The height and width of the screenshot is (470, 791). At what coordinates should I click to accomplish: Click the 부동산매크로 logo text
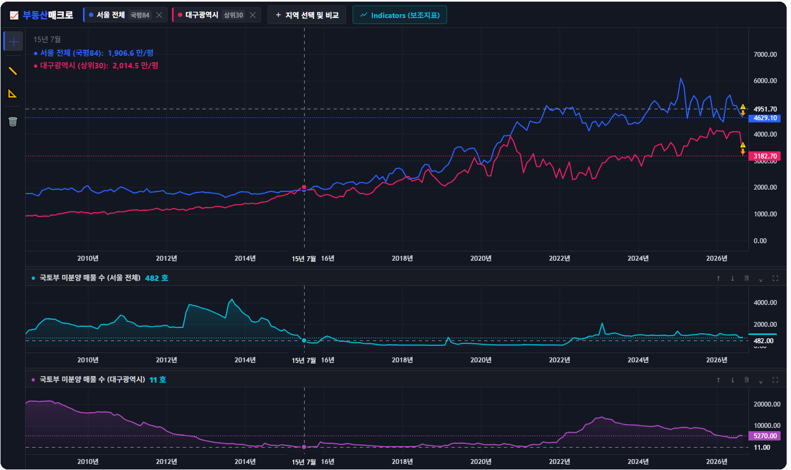48,15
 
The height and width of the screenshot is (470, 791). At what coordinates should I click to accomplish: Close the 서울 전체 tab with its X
159,15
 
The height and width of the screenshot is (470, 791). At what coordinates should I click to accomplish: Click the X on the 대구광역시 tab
253,15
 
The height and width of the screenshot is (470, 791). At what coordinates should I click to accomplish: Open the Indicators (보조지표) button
400,15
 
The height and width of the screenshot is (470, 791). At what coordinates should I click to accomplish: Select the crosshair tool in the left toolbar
14,42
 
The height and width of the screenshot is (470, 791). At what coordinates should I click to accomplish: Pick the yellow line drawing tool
13,71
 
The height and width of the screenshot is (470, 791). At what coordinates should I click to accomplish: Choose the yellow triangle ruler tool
13,93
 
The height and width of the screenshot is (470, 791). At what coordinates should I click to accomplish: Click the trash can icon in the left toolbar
13,122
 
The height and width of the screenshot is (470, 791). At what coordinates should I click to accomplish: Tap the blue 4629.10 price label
764,118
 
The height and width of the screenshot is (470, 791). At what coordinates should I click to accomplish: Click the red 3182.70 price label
764,156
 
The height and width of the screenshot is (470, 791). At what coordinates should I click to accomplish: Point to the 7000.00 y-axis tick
765,55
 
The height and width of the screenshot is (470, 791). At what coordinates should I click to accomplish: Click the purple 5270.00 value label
764,436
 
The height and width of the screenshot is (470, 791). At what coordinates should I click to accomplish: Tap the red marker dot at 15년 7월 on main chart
304,187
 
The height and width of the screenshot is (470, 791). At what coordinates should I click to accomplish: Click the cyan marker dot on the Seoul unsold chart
304,340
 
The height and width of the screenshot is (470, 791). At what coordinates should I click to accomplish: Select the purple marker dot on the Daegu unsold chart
304,447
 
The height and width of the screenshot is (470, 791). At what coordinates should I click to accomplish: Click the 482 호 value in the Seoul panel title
157,278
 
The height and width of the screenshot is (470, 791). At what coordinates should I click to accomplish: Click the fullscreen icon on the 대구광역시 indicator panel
775,380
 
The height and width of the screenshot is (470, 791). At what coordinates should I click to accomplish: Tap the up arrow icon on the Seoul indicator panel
718,278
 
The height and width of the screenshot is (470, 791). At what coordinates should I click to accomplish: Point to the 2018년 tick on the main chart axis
402,258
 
